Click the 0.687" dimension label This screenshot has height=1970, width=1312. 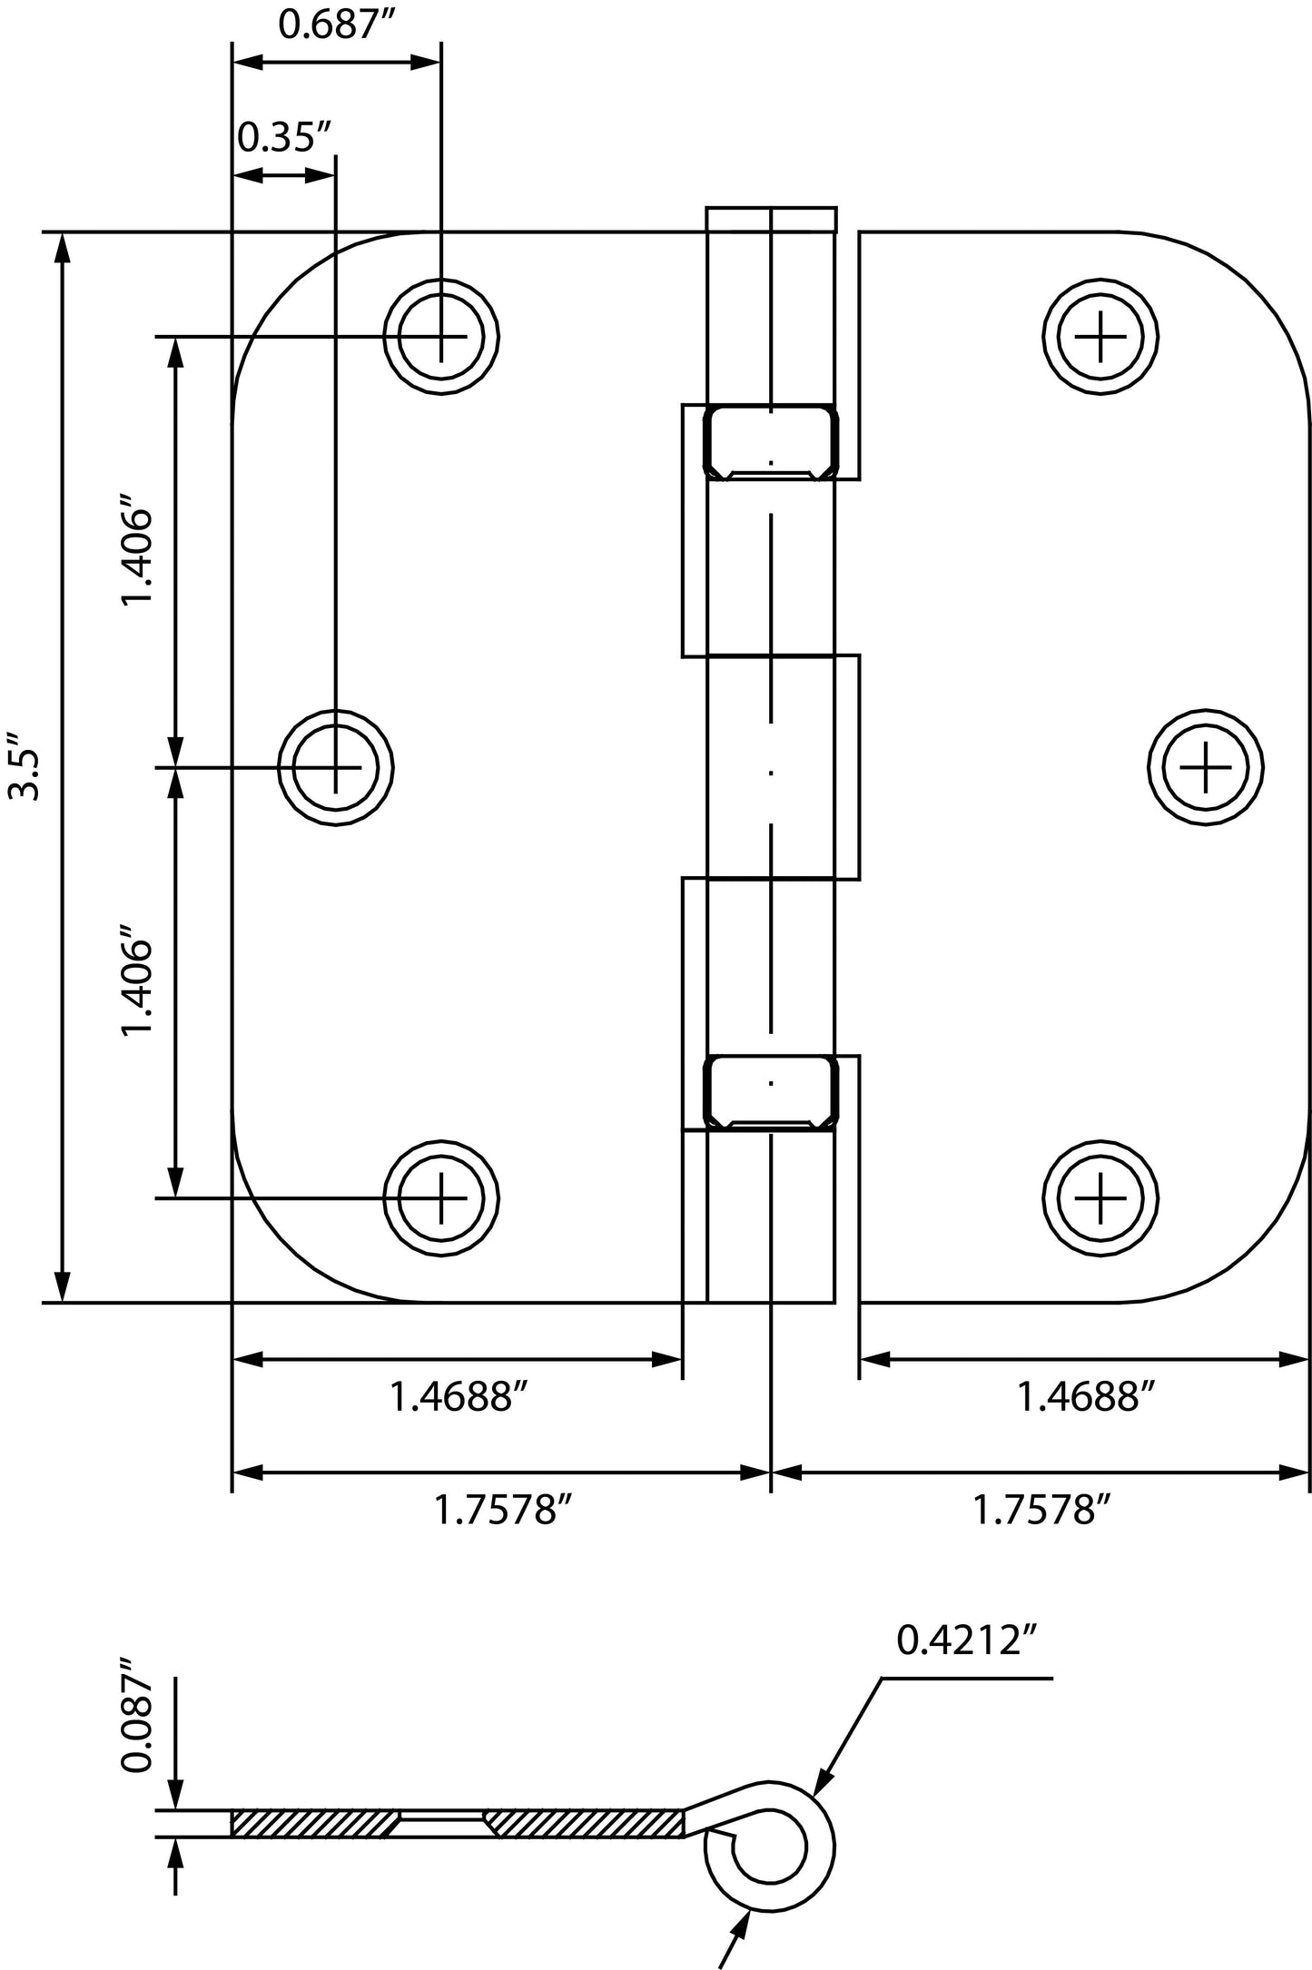(x=326, y=25)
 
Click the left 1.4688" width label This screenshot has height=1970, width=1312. (x=459, y=1397)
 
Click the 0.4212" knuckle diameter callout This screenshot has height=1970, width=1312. (x=966, y=1640)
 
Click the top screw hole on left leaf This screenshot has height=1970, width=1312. (x=442, y=337)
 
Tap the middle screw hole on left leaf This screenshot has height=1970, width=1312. (x=336, y=768)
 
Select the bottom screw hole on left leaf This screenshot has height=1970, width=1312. (x=442, y=1198)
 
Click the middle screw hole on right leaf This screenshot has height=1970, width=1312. (x=1206, y=768)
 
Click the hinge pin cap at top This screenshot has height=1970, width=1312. (x=771, y=220)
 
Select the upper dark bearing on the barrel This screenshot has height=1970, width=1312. (x=771, y=442)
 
